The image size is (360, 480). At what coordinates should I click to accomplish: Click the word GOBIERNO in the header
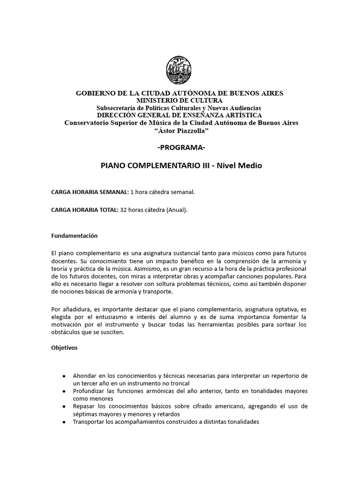click(x=96, y=93)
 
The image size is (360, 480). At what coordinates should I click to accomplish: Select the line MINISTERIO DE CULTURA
click(x=180, y=100)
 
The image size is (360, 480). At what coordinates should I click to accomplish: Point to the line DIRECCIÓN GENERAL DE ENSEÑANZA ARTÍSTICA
click(x=180, y=115)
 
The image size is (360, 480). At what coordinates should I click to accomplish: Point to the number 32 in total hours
click(x=124, y=210)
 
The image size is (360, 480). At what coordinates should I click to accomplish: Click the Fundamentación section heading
click(x=75, y=235)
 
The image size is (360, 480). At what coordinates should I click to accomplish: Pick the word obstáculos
click(x=67, y=332)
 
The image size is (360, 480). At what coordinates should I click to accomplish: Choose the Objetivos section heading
click(x=64, y=349)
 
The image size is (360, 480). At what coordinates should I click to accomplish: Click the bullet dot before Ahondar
click(x=63, y=376)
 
